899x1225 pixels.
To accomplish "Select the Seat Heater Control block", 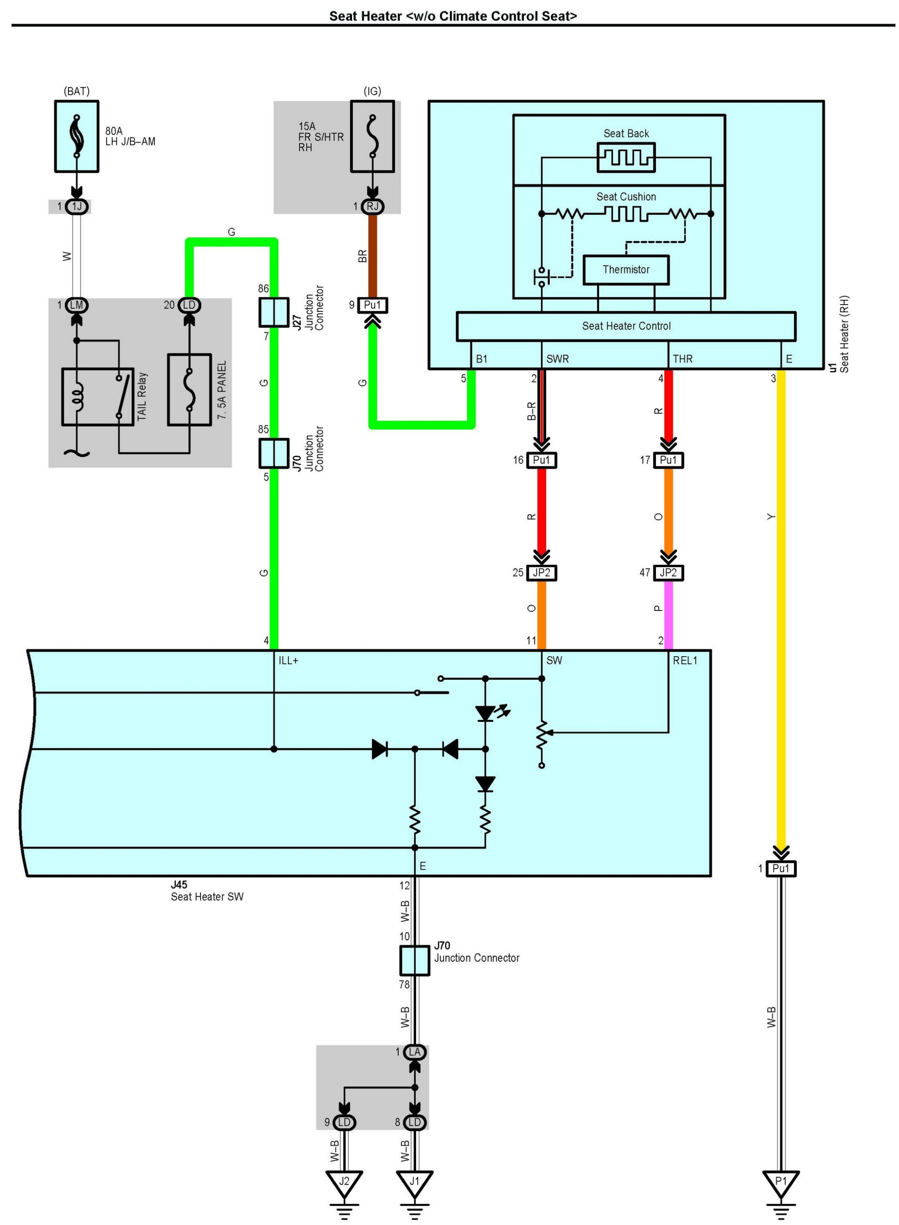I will point(625,326).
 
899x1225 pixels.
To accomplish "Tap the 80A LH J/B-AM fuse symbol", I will point(77,136).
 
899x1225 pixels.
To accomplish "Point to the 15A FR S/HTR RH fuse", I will point(372,136).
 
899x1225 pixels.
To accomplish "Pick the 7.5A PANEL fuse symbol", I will point(190,390).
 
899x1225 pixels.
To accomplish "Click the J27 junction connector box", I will point(274,312).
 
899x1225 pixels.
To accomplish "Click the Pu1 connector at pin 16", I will point(542,460).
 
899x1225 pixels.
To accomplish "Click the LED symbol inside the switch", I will point(485,713).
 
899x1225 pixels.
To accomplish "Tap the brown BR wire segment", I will point(372,256).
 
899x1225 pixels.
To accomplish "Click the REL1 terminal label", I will point(685,660).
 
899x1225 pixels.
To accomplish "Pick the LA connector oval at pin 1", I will point(415,1052).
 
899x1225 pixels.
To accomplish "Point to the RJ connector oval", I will point(372,206).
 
